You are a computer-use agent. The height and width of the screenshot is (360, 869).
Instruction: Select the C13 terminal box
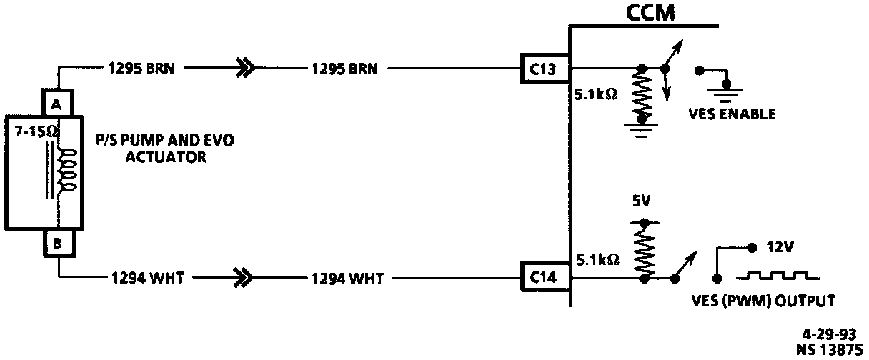(545, 69)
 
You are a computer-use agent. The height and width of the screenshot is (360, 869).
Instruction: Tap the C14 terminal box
(545, 278)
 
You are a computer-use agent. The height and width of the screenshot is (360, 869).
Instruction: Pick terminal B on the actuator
(57, 242)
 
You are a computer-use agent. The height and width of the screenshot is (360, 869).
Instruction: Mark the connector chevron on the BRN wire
(245, 69)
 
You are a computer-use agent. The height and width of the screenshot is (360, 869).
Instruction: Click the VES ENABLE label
(732, 114)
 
